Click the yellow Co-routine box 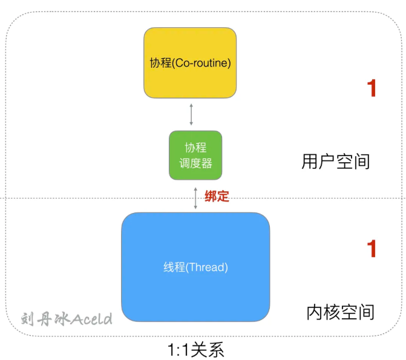pos(189,62)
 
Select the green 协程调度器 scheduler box pos(195,155)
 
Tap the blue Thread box pos(195,266)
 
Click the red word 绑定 pos(217,196)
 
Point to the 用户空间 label pos(335,162)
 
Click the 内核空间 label pos(340,312)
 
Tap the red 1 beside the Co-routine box pos(372,89)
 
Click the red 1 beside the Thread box pos(372,249)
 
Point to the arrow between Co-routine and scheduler pos(191,114)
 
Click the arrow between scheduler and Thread pos(195,198)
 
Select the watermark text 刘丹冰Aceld pos(67,318)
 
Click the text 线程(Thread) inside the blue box pos(195,267)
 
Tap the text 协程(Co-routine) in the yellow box pos(190,62)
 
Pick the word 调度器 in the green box pos(195,163)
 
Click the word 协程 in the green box pos(195,148)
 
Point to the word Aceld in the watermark pos(91,318)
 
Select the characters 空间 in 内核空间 pos(358,312)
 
